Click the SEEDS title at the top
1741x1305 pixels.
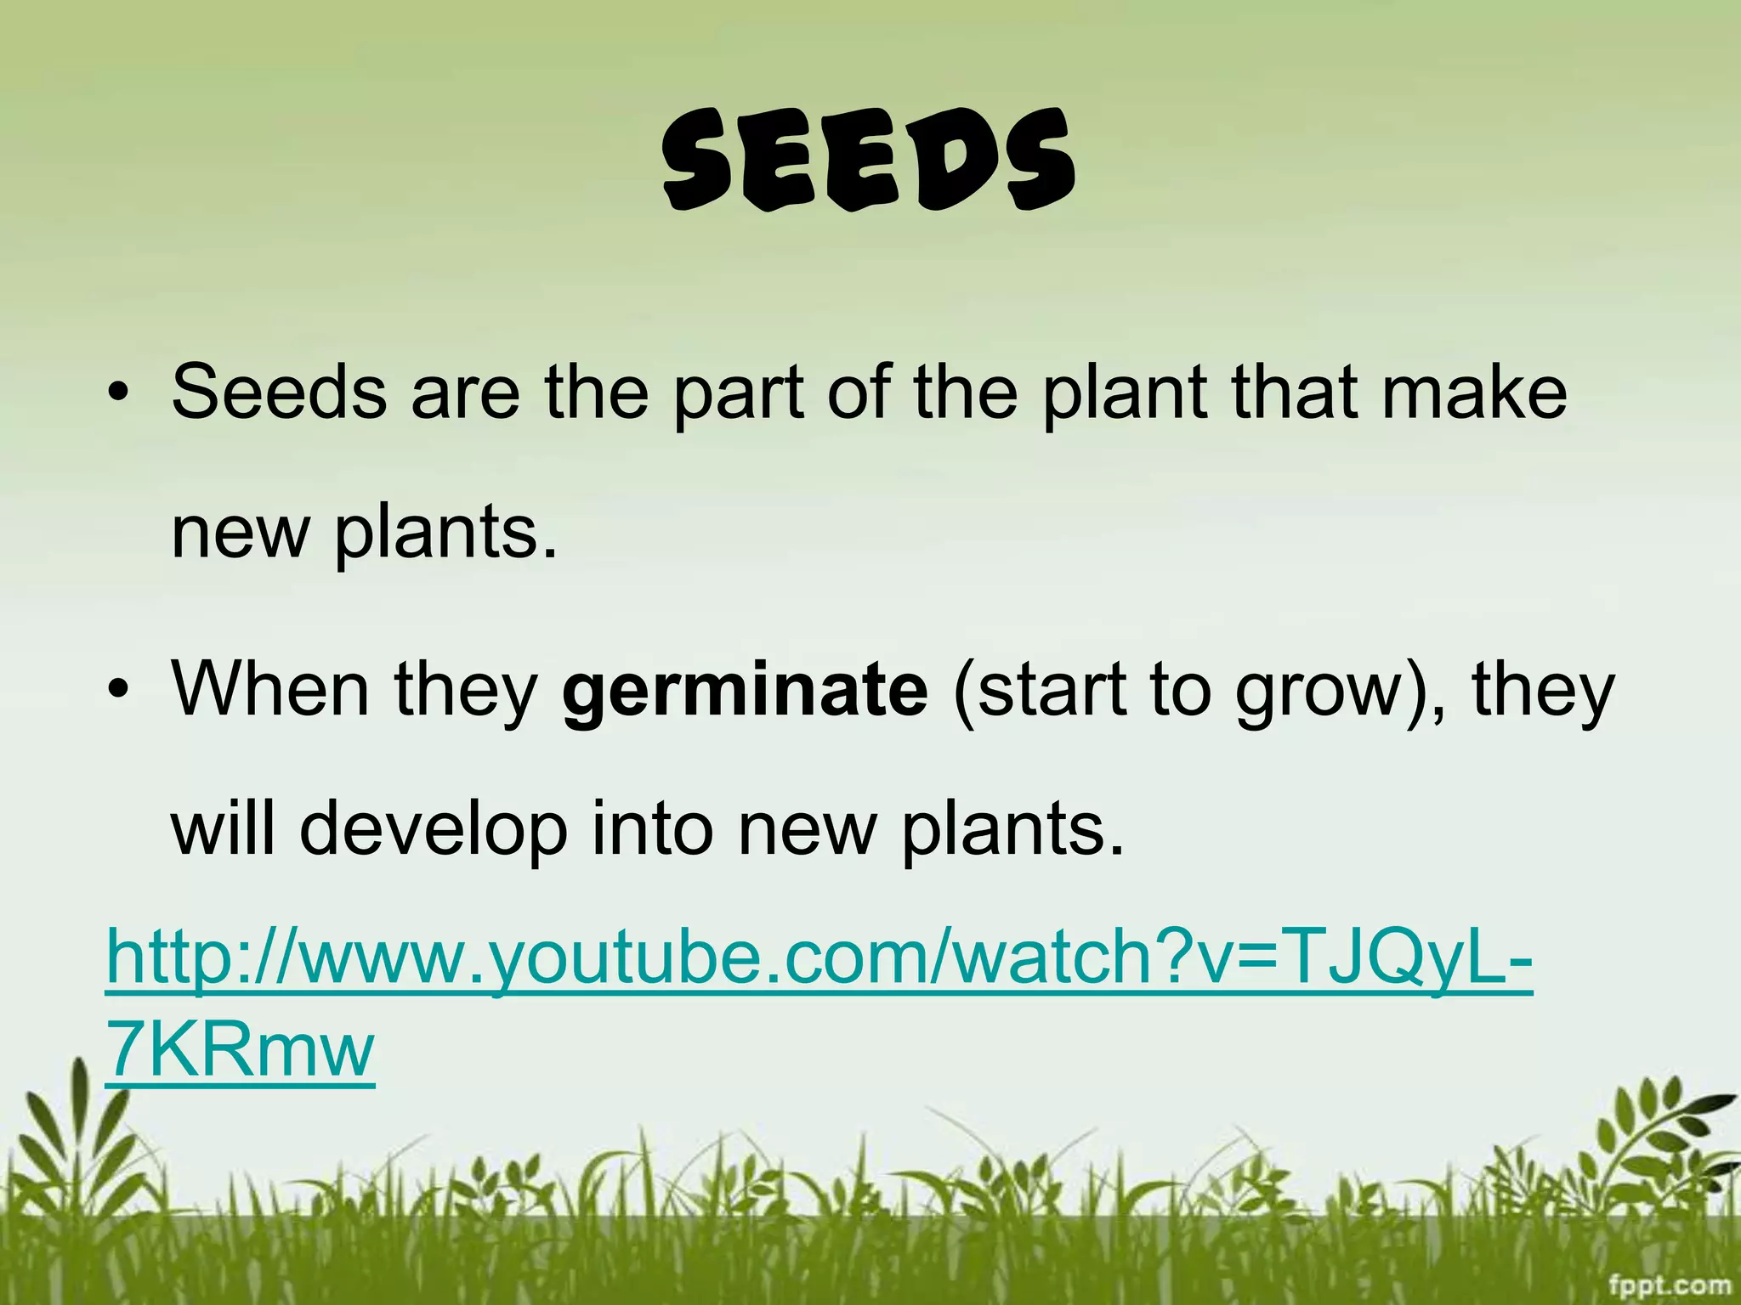point(869,161)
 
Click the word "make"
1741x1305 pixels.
point(1474,393)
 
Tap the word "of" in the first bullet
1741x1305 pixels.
point(859,393)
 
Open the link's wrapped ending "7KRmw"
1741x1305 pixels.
point(240,1052)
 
